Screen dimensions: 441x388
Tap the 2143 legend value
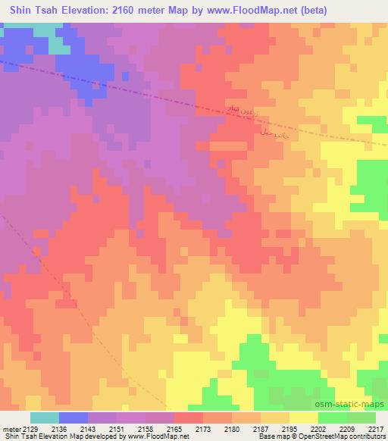click(x=89, y=430)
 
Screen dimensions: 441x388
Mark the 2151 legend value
click(x=117, y=430)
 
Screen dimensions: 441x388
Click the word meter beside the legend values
click(x=12, y=430)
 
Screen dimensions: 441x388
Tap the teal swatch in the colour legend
click(x=45, y=418)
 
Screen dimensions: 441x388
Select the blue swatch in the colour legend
click(x=74, y=418)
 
